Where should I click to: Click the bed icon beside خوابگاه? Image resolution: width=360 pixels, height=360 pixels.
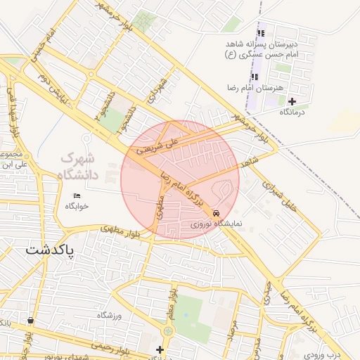pyautogui.click(x=77, y=195)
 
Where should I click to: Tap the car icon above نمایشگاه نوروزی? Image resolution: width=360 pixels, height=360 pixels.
pyautogui.click(x=215, y=213)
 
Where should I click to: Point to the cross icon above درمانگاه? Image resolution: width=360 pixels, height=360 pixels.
pyautogui.click(x=292, y=101)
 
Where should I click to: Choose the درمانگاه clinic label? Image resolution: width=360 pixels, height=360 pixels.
pyautogui.click(x=292, y=112)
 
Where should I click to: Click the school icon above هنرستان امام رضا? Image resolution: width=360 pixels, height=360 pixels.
pyautogui.click(x=253, y=77)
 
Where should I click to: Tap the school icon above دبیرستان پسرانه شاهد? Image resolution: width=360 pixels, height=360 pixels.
pyautogui.click(x=261, y=33)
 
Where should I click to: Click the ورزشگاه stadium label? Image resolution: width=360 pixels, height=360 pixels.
pyautogui.click(x=110, y=316)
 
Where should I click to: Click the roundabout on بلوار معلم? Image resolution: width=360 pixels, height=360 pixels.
pyautogui.click(x=168, y=331)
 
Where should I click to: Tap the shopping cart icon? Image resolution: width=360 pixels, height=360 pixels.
pyautogui.click(x=30, y=321)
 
